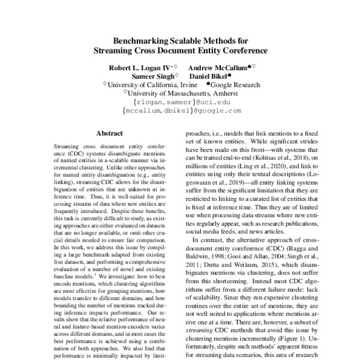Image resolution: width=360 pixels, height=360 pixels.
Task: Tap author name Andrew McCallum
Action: tap(213, 68)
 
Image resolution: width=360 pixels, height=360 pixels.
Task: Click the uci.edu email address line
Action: tap(180, 103)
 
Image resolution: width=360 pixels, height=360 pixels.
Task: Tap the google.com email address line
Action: tap(180, 111)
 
